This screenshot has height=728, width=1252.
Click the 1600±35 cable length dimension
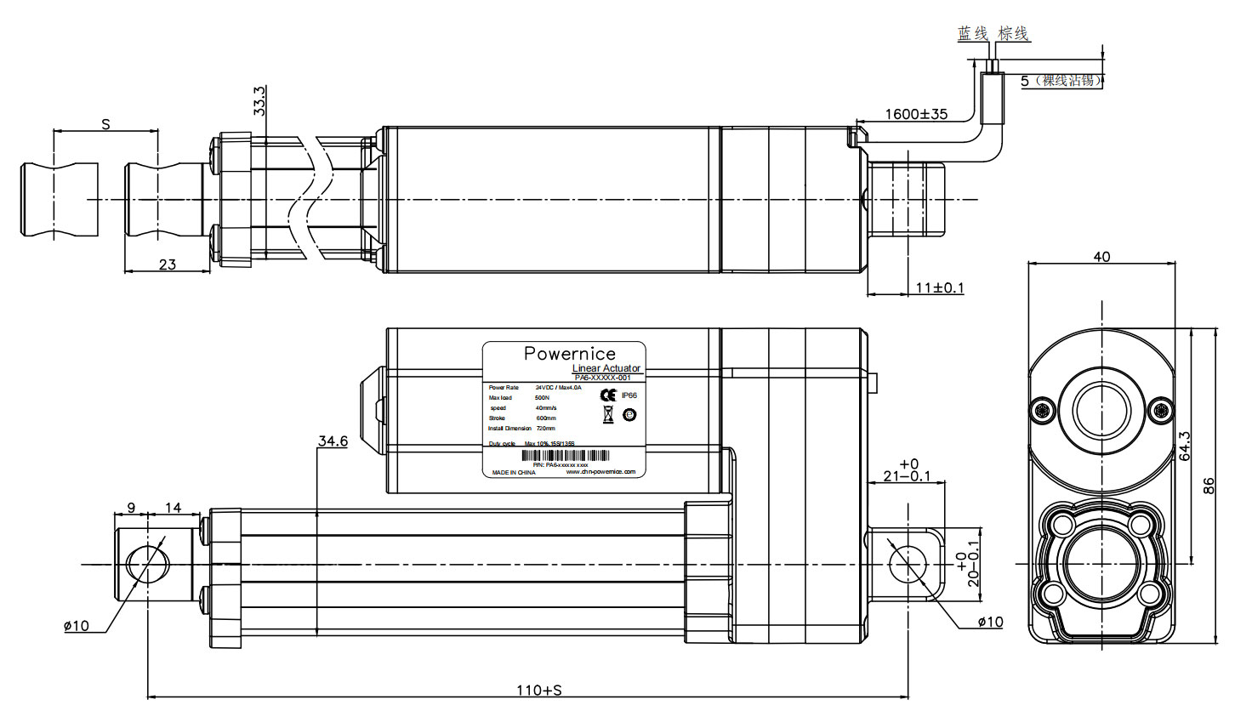point(915,114)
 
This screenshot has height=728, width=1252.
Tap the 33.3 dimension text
point(259,100)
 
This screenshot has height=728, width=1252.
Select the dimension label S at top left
point(105,124)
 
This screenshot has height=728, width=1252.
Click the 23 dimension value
point(168,264)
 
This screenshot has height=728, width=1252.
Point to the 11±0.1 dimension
point(939,288)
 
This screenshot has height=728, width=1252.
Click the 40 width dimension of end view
point(1101,257)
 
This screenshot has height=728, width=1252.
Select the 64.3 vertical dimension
point(1185,446)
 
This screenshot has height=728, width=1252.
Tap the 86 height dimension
point(1209,486)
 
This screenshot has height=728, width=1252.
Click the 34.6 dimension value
point(333,441)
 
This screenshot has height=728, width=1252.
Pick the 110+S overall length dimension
point(539,690)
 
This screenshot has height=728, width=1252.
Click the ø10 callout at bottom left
point(77,626)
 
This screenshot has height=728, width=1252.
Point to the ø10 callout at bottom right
point(990,623)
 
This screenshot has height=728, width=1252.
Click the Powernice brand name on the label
point(569,353)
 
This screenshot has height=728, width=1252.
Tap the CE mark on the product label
point(607,395)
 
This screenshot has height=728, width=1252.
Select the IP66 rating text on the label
point(629,395)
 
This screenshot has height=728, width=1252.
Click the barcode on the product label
point(564,456)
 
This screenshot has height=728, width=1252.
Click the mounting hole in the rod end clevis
point(148,564)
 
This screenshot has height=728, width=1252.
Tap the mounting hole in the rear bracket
point(907,563)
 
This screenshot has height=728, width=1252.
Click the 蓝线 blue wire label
point(972,34)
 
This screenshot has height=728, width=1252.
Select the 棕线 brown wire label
point(1013,34)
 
